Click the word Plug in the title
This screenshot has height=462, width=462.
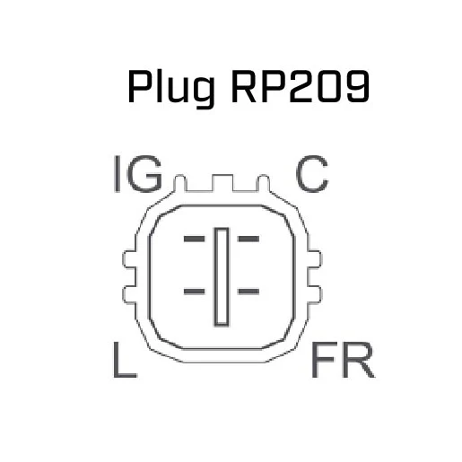[171, 88]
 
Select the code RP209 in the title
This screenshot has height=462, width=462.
[301, 86]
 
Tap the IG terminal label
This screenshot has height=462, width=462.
[138, 174]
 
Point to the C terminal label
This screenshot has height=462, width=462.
[312, 174]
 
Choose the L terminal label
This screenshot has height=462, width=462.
[125, 359]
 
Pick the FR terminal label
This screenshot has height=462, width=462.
[343, 360]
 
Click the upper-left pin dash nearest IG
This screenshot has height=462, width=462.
[195, 239]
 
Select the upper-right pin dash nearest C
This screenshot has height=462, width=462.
[248, 239]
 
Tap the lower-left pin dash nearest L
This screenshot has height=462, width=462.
[195, 292]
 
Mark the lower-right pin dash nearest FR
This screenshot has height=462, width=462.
[248, 292]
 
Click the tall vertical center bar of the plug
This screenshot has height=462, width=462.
[222, 277]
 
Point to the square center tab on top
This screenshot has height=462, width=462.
[222, 182]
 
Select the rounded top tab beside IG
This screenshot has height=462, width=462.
[180, 182]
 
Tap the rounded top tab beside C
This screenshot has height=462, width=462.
[264, 182]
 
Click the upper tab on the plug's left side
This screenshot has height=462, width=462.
[129, 258]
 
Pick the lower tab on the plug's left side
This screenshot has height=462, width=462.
[129, 295]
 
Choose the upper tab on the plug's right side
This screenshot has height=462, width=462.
[315, 258]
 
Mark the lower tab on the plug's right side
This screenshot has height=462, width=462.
[315, 295]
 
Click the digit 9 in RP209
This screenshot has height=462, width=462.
[358, 86]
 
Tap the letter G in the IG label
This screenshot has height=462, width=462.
[144, 174]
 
